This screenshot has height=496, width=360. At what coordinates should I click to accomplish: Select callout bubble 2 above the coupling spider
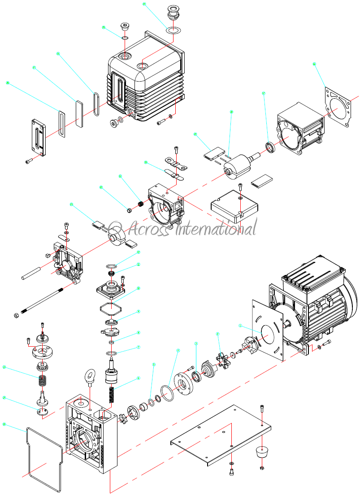217,334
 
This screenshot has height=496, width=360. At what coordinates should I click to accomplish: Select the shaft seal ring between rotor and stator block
270,147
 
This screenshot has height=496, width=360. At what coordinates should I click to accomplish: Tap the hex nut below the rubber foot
261,469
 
